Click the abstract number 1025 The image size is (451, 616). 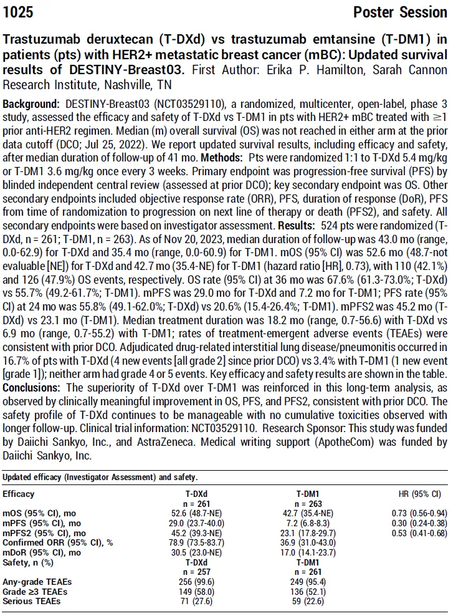[x=18, y=12]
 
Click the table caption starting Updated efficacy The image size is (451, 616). [x=100, y=477]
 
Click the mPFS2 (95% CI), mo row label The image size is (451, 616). [x=44, y=533]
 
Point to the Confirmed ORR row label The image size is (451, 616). [x=57, y=543]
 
